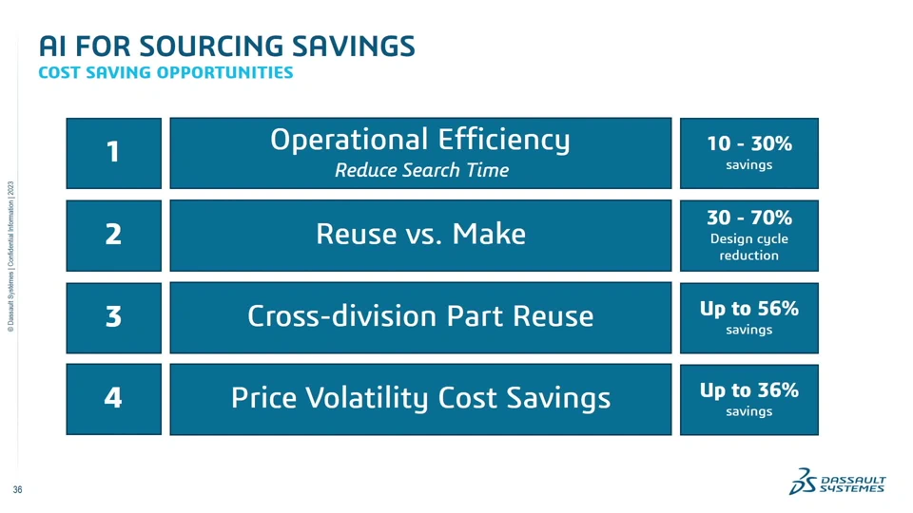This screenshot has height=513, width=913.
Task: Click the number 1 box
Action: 113,153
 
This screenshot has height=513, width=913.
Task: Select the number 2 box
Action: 113,236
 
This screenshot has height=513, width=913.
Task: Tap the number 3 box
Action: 113,317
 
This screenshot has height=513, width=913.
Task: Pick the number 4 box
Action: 113,399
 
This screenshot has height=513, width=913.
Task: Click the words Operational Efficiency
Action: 419,141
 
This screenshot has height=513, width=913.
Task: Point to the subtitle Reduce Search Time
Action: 421,170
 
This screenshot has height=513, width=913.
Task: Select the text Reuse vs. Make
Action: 420,234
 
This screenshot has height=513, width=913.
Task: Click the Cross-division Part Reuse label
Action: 420,316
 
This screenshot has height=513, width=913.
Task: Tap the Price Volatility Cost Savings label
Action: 420,399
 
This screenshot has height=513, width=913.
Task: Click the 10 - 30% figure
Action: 749,143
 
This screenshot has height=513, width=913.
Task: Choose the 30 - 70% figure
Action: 749,218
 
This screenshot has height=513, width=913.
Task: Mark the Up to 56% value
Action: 749,308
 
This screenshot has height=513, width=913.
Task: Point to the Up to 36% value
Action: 749,389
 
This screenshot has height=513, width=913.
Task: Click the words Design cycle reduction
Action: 749,247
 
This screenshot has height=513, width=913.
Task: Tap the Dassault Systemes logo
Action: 837,481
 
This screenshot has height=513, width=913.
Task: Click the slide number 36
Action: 17,490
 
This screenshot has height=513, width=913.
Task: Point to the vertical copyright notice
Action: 10,256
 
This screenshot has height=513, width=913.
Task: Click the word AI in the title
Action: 52,47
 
